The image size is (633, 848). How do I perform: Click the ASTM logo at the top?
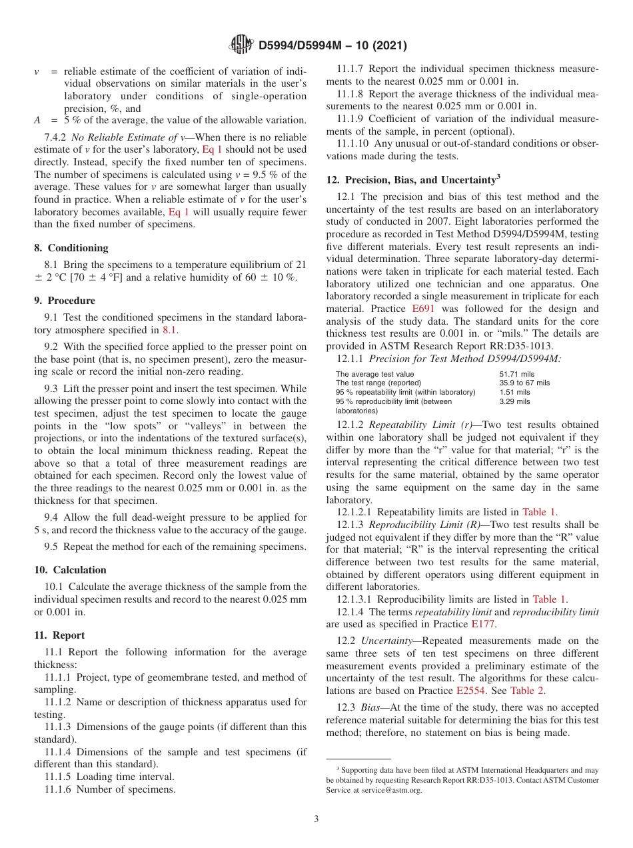[x=241, y=45]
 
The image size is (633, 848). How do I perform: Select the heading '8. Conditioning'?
[x=71, y=247]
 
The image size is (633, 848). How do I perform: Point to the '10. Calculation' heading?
[x=70, y=569]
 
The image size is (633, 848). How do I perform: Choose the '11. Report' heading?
[x=59, y=635]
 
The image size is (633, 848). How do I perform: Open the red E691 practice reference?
[x=422, y=309]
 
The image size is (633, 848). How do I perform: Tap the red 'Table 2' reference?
[x=527, y=691]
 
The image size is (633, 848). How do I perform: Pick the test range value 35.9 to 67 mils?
[x=524, y=383]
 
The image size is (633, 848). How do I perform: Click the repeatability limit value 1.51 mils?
[x=514, y=393]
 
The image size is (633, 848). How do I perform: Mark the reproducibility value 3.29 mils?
[x=514, y=402]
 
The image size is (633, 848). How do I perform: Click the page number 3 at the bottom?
[x=316, y=819]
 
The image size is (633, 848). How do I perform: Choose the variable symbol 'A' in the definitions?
[x=37, y=121]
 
